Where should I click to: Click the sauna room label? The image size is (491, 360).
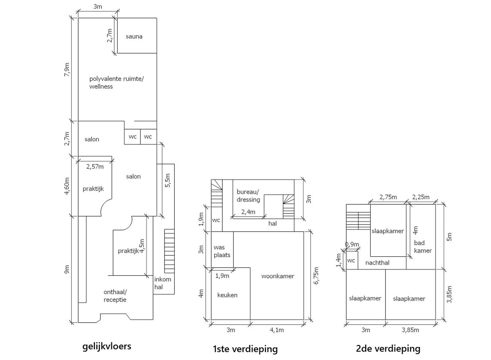[134, 36]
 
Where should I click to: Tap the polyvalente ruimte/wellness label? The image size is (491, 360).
[116, 83]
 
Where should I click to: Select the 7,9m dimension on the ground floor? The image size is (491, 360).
[67, 70]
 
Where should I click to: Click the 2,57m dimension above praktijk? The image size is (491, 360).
[95, 166]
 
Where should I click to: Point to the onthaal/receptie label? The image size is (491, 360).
[115, 296]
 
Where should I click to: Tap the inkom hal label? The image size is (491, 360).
[163, 283]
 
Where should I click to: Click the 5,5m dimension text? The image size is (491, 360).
[168, 180]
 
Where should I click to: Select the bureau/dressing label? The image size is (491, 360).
[248, 196]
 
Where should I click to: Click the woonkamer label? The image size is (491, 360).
[278, 276]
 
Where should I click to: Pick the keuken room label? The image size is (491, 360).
[227, 295]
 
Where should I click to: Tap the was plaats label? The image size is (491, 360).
[222, 251]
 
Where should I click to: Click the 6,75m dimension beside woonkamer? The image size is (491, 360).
[316, 275]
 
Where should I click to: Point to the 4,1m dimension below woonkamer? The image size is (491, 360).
[277, 330]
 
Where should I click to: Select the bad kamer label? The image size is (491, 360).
[423, 247]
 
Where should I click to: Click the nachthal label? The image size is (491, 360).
[377, 263]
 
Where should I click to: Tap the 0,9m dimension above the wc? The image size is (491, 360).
[352, 244]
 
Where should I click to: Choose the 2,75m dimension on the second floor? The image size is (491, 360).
[388, 197]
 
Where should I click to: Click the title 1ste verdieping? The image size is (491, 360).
[245, 349]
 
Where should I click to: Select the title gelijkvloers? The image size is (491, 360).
[107, 346]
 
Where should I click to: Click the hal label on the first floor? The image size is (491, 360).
[273, 224]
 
